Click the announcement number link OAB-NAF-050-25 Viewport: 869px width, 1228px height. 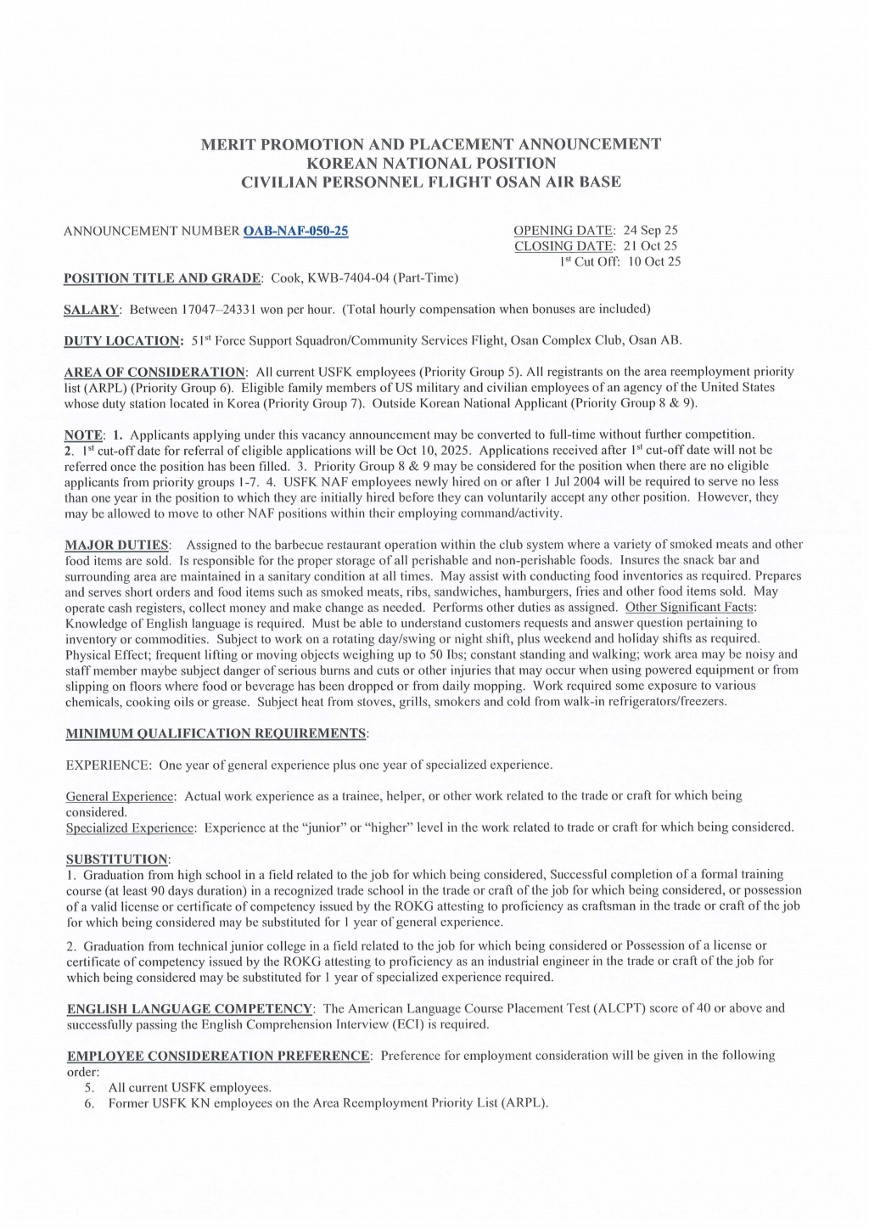[x=295, y=231]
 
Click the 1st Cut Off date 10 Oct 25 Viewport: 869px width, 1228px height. [x=654, y=261]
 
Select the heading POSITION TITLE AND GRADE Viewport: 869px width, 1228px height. [x=164, y=278]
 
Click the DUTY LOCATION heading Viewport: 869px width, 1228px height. [x=123, y=340]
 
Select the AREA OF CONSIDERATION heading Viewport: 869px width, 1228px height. [x=155, y=372]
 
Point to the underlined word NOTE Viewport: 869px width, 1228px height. [x=83, y=435]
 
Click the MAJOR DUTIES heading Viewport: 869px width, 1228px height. [x=117, y=545]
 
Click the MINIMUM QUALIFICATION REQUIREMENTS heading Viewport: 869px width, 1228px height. [x=216, y=733]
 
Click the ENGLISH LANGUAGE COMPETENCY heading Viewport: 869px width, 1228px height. [x=190, y=1008]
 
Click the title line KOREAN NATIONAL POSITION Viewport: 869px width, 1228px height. [x=431, y=163]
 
